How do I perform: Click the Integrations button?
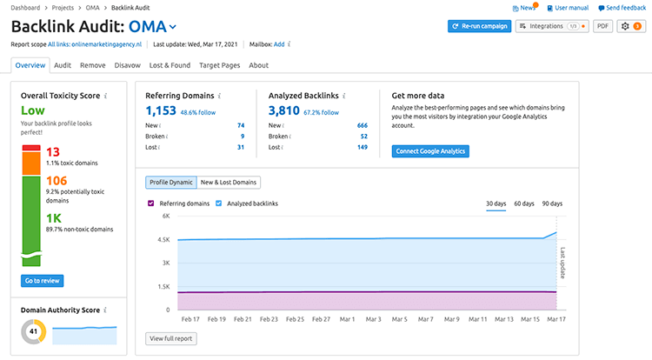pyautogui.click(x=553, y=26)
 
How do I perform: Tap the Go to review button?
pyautogui.click(x=43, y=281)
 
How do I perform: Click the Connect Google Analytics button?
pyautogui.click(x=430, y=151)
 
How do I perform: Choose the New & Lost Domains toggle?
pyautogui.click(x=229, y=183)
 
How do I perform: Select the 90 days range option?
pyautogui.click(x=552, y=203)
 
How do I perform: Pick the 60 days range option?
pyautogui.click(x=524, y=203)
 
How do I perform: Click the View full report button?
pyautogui.click(x=171, y=337)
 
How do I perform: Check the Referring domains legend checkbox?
pyautogui.click(x=151, y=203)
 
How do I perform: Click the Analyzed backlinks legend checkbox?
pyautogui.click(x=218, y=203)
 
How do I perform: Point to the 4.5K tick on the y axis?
pyautogui.click(x=163, y=239)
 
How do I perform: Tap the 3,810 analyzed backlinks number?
pyautogui.click(x=283, y=110)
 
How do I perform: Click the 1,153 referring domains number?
pyautogui.click(x=161, y=110)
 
